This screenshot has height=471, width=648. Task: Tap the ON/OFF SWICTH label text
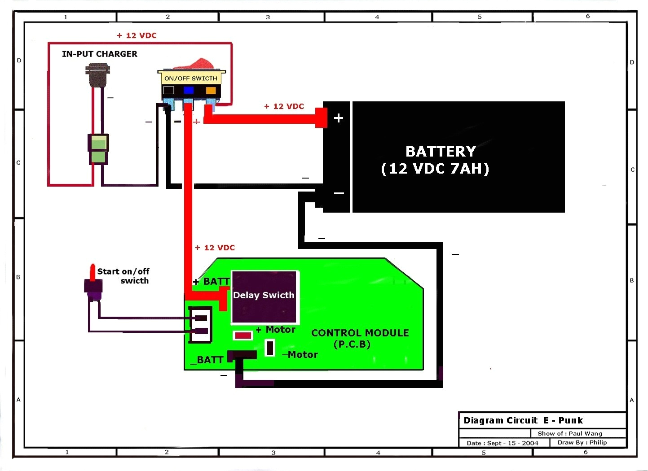pos(191,78)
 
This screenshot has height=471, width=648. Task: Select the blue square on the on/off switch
pos(189,90)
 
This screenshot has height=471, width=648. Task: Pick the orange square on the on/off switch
pos(211,90)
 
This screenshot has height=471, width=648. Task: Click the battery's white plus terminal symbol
pos(339,118)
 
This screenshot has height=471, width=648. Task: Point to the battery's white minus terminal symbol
pos(339,193)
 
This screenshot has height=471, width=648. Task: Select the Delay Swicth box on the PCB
pos(264,297)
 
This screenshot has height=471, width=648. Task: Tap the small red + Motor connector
pos(243,336)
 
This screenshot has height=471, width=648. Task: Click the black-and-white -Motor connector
pos(270,348)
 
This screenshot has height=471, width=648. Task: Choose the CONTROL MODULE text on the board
pos(360,333)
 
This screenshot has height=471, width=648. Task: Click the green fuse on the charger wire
pos(98,149)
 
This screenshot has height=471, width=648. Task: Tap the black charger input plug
pos(97,75)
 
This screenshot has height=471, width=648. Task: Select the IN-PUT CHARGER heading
pos(100,54)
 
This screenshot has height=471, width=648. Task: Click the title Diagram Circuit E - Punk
pos(523,420)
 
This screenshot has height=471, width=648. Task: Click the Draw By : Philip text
pos(582,442)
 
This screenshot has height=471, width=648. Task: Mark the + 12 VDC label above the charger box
pos(137,35)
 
